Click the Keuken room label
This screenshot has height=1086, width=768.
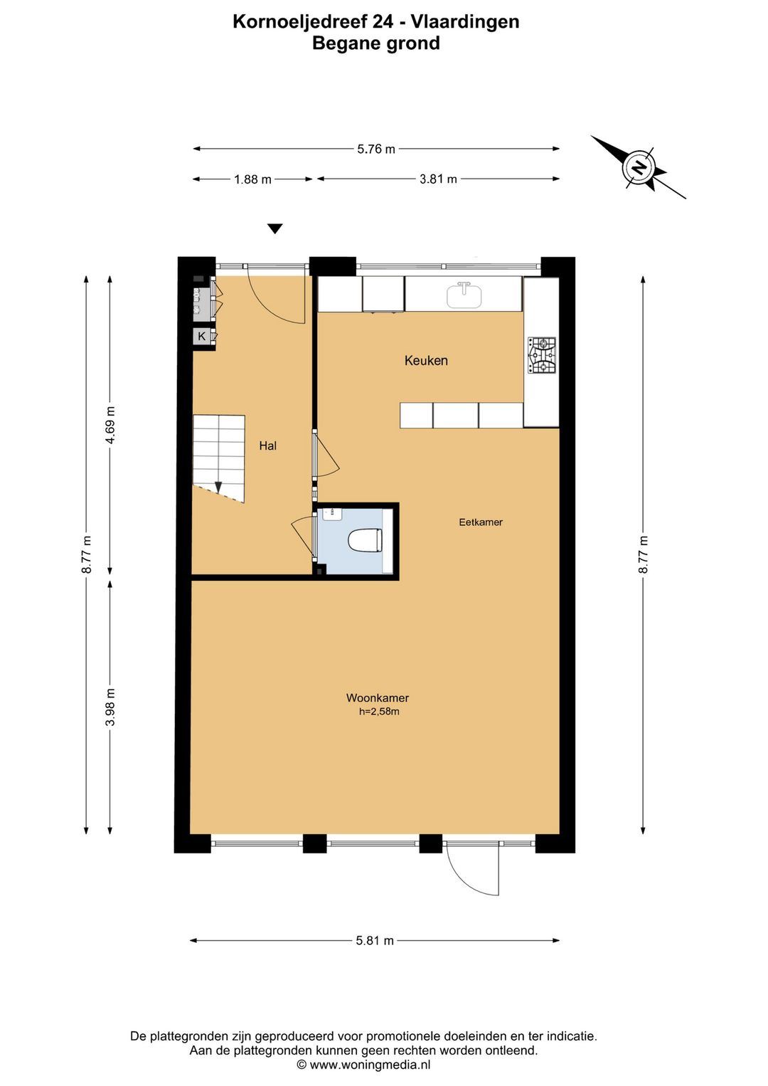(426, 360)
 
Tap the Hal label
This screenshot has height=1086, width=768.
(267, 446)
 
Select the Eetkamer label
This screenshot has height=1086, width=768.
(481, 522)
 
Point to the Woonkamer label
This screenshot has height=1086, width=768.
(378, 697)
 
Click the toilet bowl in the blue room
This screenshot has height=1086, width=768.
(366, 541)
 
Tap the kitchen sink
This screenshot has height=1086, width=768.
(464, 295)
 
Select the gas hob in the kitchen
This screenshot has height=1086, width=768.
(542, 355)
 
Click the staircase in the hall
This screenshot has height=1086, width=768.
(219, 458)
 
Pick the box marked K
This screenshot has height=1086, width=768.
(201, 336)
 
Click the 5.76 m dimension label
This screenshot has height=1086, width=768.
(376, 149)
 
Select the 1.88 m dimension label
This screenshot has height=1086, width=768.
(252, 179)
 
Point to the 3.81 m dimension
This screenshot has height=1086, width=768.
(438, 179)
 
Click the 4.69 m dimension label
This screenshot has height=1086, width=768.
(111, 425)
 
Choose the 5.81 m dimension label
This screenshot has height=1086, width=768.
(375, 941)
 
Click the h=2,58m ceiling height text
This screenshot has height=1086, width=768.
(379, 712)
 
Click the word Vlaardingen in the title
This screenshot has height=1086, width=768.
(465, 22)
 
